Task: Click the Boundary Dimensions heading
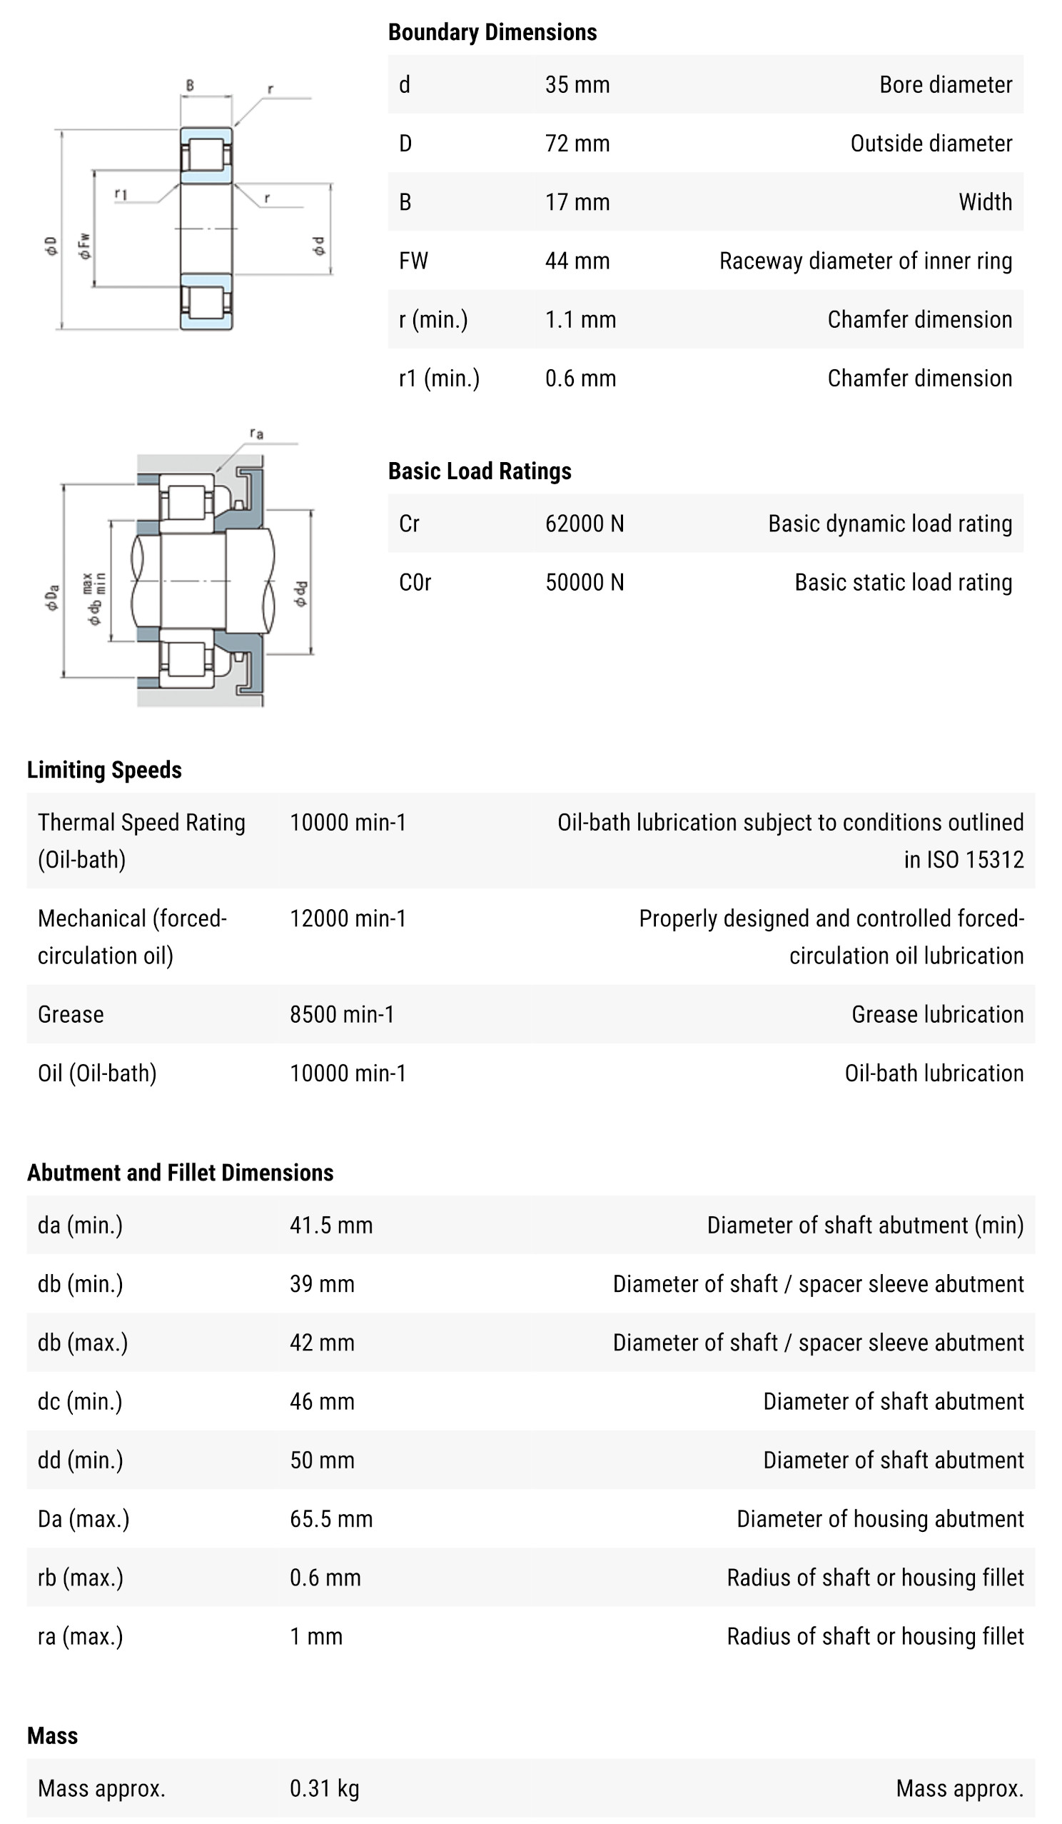pos(492,33)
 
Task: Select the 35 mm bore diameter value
pos(577,85)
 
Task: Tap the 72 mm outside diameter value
pos(577,144)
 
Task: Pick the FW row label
pos(413,261)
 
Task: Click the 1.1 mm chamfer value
pos(580,319)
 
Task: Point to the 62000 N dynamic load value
pos(584,523)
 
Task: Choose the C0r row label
pos(415,582)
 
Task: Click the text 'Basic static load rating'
pos(903,582)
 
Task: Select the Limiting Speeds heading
pos(104,769)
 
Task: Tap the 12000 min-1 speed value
pos(348,918)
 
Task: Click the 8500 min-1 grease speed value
pos(342,1014)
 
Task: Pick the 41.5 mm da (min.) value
pos(331,1225)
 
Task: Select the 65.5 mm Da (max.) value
pos(331,1518)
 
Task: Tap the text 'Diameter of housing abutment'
pos(880,1518)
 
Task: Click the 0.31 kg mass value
pos(324,1788)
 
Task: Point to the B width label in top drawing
pos(190,86)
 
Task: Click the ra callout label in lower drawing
pos(257,434)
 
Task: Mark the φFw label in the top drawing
pos(86,246)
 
